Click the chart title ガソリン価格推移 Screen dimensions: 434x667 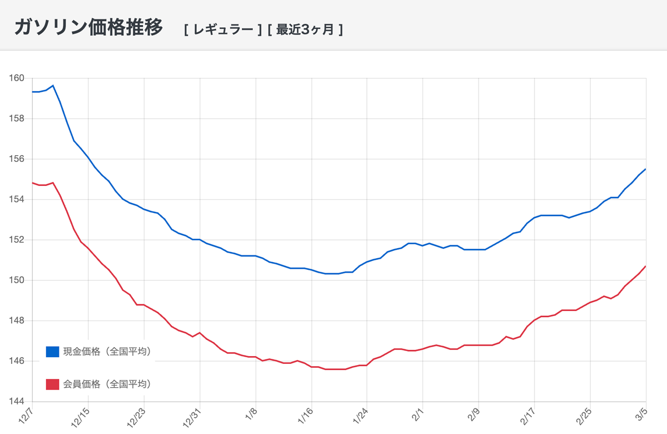88,27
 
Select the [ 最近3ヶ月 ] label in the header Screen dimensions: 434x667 305,29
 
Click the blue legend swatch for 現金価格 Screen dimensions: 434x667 53,352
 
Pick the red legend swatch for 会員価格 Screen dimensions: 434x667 53,384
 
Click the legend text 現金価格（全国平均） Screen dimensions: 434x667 107,352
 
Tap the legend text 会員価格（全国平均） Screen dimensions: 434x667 107,384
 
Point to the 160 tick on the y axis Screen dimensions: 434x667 17,78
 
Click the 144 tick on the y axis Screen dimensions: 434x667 17,402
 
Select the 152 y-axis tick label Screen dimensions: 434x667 17,240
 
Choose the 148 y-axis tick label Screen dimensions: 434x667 17,321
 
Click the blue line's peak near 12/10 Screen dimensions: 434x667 53,85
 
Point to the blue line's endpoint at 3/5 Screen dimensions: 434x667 645,169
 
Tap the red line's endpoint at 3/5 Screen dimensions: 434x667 645,266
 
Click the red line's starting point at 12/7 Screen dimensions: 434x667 32,183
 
